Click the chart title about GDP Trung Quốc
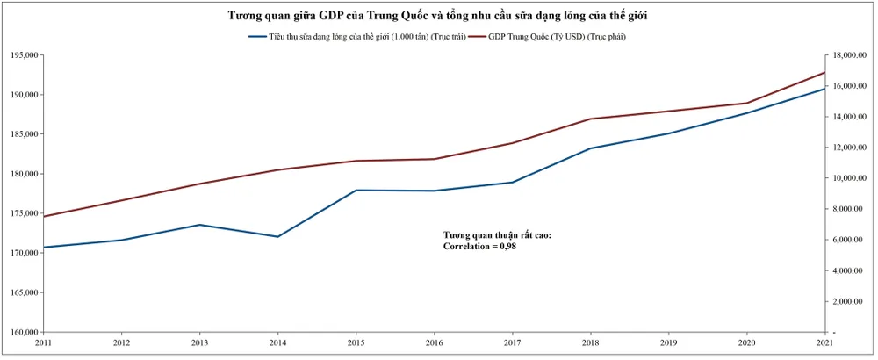pyautogui.click(x=438, y=16)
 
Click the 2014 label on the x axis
pyautogui.click(x=277, y=343)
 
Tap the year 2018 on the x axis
pyautogui.click(x=590, y=343)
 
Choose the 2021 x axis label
pyautogui.click(x=824, y=343)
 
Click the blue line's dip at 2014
pyautogui.click(x=277, y=237)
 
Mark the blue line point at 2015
pyautogui.click(x=356, y=191)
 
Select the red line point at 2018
pyautogui.click(x=590, y=119)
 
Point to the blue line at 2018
pyautogui.click(x=590, y=148)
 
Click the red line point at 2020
pyautogui.click(x=746, y=103)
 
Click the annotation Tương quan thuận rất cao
pyautogui.click(x=497, y=235)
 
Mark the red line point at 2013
pyautogui.click(x=199, y=184)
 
